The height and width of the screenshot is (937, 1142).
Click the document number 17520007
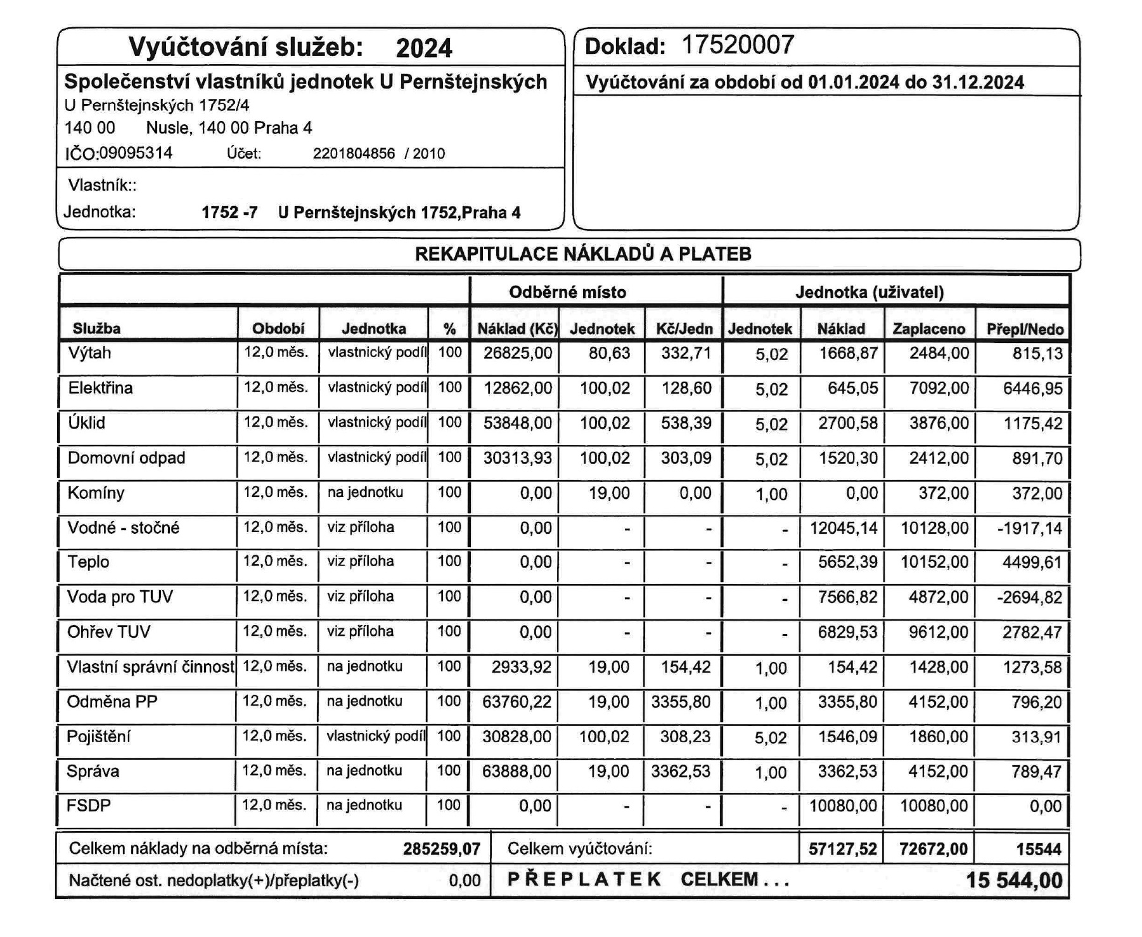(737, 46)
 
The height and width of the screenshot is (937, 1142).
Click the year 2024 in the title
(424, 48)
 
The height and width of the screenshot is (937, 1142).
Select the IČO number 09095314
(136, 153)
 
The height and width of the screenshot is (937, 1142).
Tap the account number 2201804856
(354, 154)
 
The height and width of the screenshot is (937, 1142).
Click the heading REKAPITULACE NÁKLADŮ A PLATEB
(583, 254)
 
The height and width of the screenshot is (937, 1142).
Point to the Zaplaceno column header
(928, 328)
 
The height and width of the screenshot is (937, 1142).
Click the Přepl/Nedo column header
(1024, 328)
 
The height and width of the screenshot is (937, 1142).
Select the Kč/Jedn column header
(684, 328)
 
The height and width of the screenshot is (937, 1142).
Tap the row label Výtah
(89, 353)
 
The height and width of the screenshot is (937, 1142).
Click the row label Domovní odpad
(126, 458)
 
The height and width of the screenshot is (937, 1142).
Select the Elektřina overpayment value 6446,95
(1032, 389)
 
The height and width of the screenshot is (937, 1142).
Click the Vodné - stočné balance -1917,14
(1029, 528)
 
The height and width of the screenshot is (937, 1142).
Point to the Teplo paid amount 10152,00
(934, 562)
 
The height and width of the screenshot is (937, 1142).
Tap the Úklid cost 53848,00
(517, 423)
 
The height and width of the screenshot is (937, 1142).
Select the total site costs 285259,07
(441, 849)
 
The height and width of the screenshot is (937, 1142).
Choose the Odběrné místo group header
(567, 292)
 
